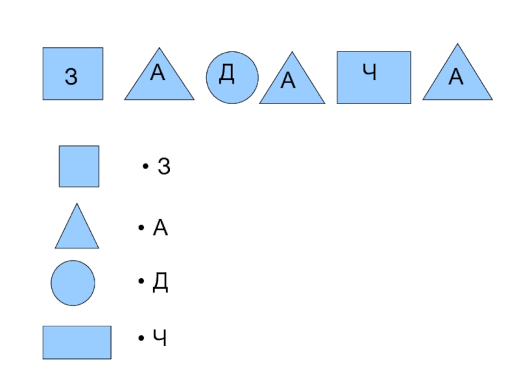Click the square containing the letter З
click(73, 73)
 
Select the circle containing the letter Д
click(232, 78)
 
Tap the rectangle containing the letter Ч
click(374, 78)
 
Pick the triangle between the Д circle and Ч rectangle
click(292, 84)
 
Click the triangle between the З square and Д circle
click(159, 81)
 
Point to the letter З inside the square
click(71, 77)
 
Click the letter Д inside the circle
click(226, 74)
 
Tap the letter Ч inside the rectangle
click(370, 73)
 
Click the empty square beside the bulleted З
click(79, 166)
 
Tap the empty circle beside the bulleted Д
click(73, 283)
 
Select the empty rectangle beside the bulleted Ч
click(77, 342)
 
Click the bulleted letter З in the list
click(164, 168)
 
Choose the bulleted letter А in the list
click(160, 228)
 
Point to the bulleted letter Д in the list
click(160, 283)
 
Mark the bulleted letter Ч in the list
click(160, 338)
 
